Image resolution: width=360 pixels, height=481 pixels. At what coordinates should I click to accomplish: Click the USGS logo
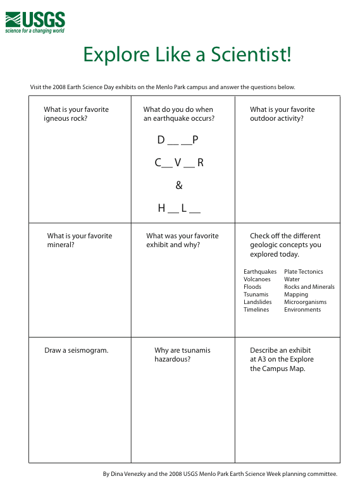[x=35, y=21]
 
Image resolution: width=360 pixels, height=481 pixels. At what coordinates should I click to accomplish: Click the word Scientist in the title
[x=251, y=54]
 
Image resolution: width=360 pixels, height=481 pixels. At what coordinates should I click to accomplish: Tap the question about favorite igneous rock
[x=76, y=114]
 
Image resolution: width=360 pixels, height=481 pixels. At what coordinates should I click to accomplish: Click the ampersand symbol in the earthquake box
[x=179, y=185]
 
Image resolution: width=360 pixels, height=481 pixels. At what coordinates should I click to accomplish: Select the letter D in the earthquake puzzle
[x=161, y=140]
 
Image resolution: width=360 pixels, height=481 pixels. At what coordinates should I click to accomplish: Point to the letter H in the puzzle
[x=161, y=208]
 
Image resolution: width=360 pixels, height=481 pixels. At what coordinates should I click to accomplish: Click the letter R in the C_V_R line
[x=200, y=162]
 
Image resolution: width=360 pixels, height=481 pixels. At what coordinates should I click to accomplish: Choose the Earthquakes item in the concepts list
[x=259, y=272]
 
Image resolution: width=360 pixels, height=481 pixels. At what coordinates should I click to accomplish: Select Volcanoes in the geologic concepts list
[x=257, y=279]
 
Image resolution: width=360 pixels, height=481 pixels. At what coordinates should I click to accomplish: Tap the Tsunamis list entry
[x=256, y=295]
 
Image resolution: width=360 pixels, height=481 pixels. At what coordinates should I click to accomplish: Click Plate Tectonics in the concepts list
[x=303, y=272]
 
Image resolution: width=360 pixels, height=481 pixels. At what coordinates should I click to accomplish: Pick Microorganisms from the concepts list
[x=305, y=302]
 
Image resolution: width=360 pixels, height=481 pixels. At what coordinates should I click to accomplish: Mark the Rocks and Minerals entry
[x=309, y=287]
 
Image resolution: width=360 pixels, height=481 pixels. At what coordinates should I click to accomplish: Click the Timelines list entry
[x=256, y=310]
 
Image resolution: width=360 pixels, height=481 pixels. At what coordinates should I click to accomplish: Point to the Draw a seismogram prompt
[x=76, y=350]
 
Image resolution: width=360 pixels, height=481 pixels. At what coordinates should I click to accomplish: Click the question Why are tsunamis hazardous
[x=182, y=355]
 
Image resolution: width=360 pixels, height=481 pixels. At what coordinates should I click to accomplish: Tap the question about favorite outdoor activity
[x=282, y=114]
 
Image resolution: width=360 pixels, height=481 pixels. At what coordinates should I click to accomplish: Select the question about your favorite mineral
[x=79, y=240]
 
